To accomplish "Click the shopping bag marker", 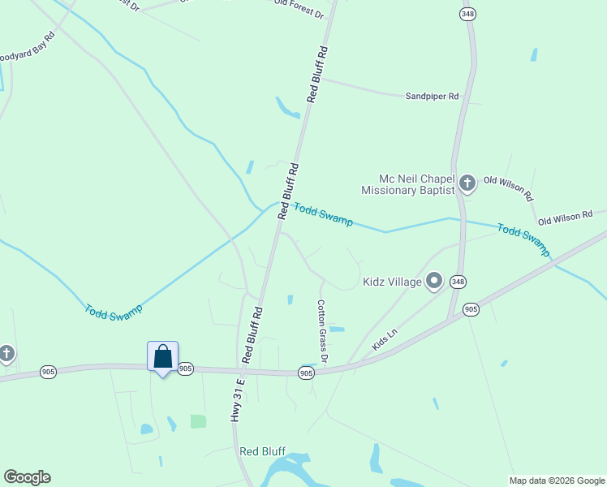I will tap(162, 357).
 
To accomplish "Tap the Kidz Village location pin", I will tap(434, 282).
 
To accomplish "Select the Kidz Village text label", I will tap(392, 282).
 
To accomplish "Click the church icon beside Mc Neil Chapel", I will tap(467, 183).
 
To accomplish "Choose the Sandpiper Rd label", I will tap(432, 96).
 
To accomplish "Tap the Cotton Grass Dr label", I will tap(323, 330).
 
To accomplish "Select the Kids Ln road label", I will tap(385, 339).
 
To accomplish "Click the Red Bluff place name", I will tap(262, 451).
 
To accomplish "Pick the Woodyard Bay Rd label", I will tap(27, 49).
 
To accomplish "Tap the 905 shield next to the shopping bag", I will tap(185, 368).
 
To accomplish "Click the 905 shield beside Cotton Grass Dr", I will tap(305, 373).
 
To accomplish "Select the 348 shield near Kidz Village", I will tap(458, 282).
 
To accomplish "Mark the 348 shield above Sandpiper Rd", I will tap(467, 14).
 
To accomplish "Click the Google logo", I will tap(27, 477).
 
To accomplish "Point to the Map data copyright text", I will tap(557, 481).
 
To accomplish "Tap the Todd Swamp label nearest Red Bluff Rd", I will tap(322, 214).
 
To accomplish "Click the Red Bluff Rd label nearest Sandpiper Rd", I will tap(317, 74).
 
